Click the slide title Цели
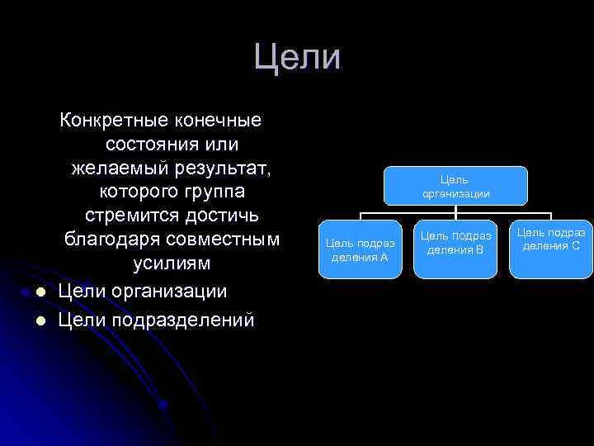tap(297, 57)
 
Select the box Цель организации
tap(455, 186)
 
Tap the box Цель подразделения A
tap(360, 249)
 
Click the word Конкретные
tap(112, 121)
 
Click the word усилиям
tap(172, 263)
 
